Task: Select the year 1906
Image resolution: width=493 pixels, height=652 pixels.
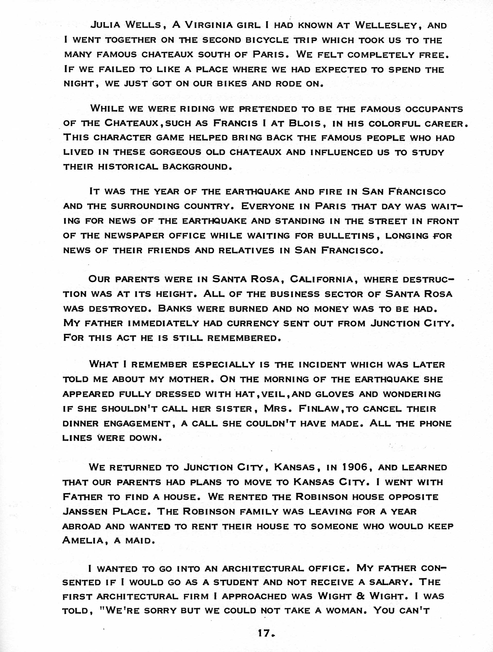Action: [355, 467]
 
